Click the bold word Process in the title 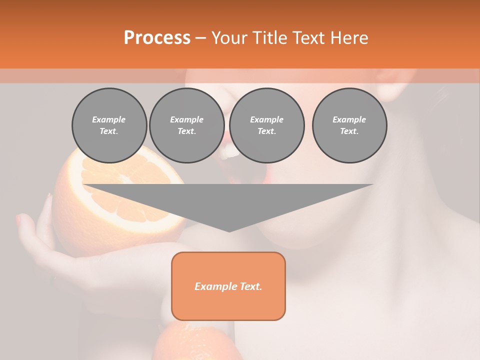157,38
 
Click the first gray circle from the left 109,125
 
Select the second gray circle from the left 186,125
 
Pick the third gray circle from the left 266,125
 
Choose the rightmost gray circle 349,125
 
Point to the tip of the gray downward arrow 229,230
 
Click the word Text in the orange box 250,286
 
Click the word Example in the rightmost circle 349,119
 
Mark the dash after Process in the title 200,38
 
